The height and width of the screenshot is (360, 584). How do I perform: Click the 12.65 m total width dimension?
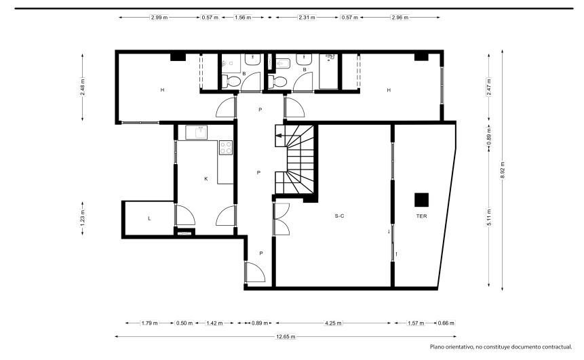(286, 336)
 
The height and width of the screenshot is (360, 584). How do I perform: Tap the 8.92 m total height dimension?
(503, 169)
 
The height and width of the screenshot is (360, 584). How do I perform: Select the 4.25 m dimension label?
(333, 323)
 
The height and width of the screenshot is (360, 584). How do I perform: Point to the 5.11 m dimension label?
(489, 217)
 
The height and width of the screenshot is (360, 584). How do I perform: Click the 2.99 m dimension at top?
(159, 17)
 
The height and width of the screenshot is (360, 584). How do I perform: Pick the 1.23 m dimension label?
(82, 218)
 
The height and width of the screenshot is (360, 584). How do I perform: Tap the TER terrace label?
(422, 216)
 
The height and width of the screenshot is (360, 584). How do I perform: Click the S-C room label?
(339, 216)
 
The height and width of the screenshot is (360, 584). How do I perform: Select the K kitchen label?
(206, 179)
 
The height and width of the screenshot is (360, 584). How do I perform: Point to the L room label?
(149, 218)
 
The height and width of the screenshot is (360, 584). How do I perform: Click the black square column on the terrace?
(422, 199)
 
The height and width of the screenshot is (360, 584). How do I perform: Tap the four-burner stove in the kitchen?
(226, 147)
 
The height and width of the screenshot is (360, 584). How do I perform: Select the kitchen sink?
(196, 132)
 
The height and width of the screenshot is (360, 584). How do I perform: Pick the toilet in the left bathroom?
(231, 81)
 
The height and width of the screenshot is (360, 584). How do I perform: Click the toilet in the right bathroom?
(277, 81)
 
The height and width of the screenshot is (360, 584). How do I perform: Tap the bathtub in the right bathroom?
(328, 71)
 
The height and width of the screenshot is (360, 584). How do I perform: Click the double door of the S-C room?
(281, 219)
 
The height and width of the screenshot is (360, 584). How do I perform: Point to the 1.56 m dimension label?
(242, 17)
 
